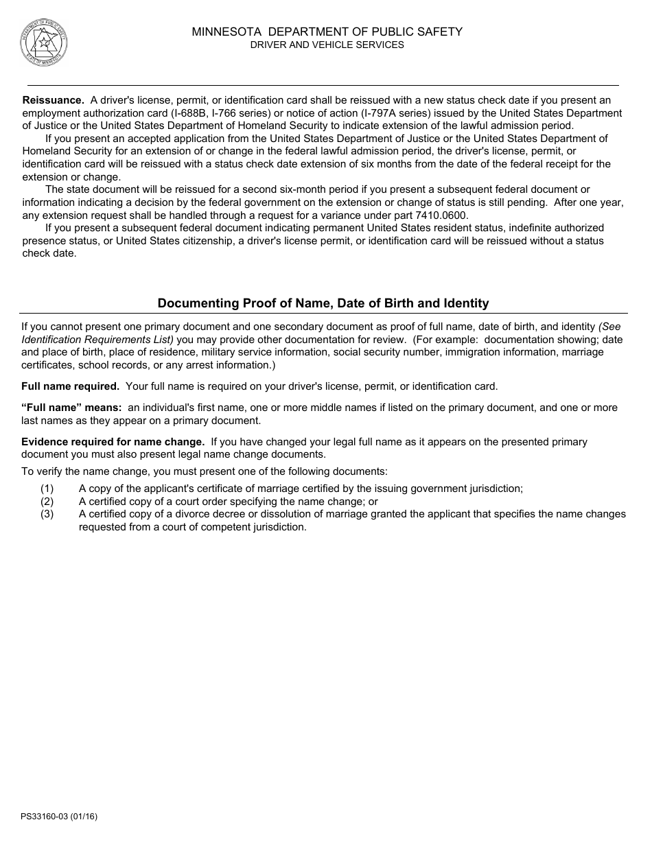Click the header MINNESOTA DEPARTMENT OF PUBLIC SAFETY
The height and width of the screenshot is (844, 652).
coord(327,32)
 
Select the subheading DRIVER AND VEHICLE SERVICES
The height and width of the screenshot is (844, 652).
coord(327,45)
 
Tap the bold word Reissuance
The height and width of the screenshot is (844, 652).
coord(54,100)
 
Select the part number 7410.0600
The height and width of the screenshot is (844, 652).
coord(444,215)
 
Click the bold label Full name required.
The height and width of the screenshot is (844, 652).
coord(70,386)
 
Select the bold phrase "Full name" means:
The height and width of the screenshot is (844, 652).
coord(71,408)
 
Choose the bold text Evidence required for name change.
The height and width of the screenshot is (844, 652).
coord(113,442)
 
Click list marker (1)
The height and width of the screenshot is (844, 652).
coord(47,489)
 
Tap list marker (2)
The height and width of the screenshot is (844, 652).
coord(47,502)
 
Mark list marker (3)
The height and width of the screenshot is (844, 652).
coord(47,514)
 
